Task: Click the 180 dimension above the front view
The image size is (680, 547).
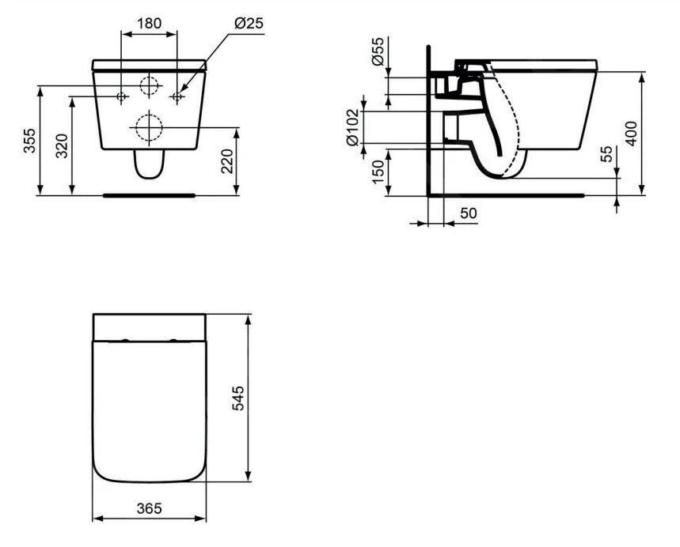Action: (149, 23)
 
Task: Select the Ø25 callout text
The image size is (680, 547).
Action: (248, 23)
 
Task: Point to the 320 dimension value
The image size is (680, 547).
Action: (63, 146)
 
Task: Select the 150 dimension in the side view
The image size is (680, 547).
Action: (378, 172)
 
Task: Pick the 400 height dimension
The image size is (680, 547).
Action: (632, 134)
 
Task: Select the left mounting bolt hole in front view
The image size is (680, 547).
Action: (121, 96)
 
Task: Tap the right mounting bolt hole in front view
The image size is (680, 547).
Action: (177, 96)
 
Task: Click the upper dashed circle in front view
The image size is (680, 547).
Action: (149, 86)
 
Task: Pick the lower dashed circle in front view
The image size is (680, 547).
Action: (149, 127)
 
